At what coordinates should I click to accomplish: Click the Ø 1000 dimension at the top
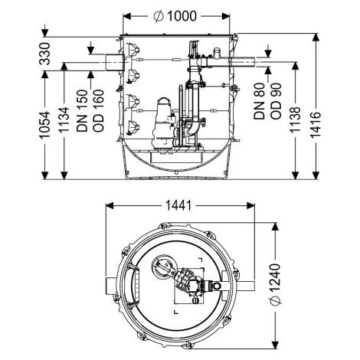click(x=175, y=16)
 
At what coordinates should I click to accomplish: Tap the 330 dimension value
click(x=45, y=54)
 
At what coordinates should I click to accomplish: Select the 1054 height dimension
click(x=45, y=125)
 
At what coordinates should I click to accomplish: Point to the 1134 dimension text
click(x=64, y=120)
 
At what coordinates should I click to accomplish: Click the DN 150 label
click(x=82, y=111)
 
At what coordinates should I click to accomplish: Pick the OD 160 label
click(x=98, y=111)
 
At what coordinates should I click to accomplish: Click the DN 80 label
click(x=260, y=101)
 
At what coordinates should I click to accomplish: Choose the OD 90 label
click(x=276, y=101)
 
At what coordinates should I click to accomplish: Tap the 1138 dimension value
click(x=295, y=119)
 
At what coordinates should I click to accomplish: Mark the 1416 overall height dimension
click(x=316, y=125)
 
